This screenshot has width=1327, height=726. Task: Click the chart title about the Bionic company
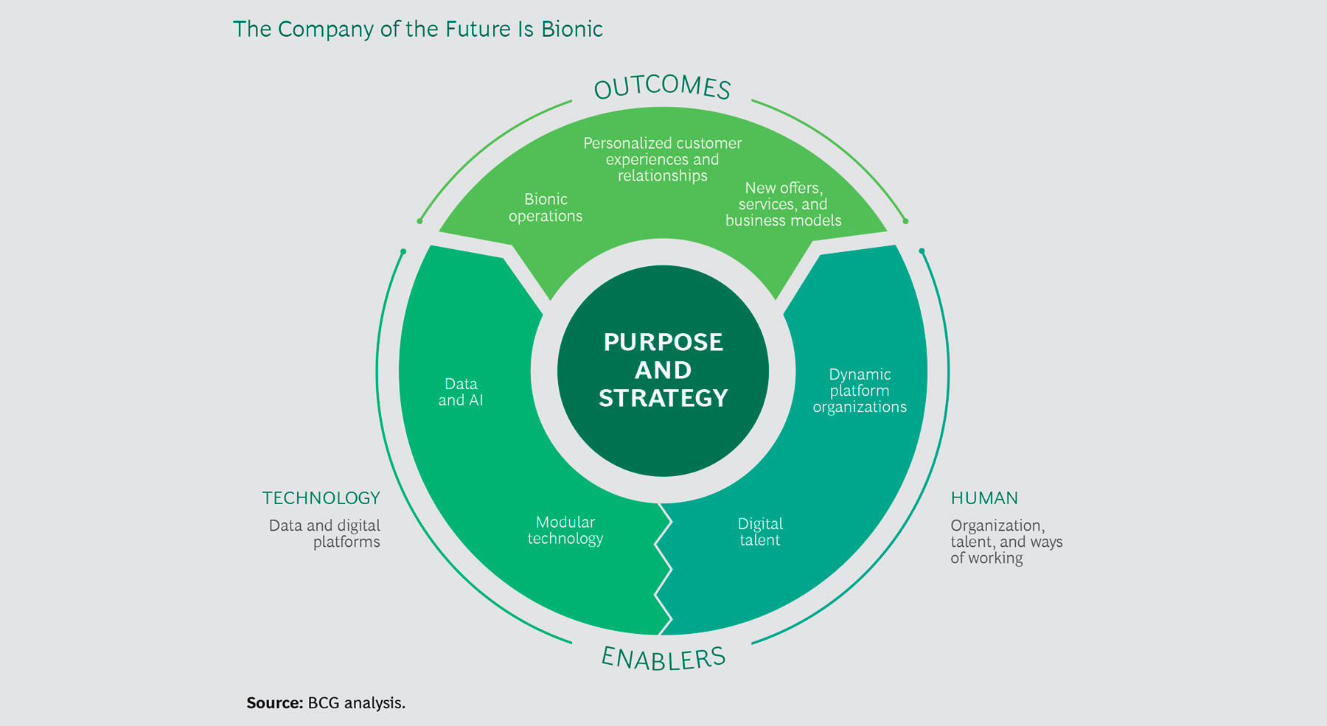point(417,29)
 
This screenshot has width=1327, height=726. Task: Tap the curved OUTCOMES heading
point(662,87)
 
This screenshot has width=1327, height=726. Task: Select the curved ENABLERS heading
point(663,658)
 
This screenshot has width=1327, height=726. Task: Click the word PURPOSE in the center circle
point(663,342)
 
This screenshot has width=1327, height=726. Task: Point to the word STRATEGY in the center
point(663,398)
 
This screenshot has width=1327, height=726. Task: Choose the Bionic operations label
point(546,208)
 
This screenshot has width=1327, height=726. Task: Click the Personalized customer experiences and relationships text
point(662,159)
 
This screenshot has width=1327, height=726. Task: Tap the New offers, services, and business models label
point(783,204)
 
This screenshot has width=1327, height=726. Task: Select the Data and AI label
point(461,392)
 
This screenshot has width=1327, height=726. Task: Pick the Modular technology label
point(565,530)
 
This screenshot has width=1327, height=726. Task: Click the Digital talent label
point(760,531)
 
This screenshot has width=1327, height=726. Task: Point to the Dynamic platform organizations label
point(860,391)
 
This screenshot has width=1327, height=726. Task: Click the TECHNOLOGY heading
point(321,498)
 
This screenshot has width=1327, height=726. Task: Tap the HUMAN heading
point(984,498)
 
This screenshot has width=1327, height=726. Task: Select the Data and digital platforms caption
point(326,534)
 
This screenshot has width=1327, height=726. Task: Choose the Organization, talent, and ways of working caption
point(1006,542)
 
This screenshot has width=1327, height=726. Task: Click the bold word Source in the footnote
point(274,703)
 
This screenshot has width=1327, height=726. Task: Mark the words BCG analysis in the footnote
point(356,703)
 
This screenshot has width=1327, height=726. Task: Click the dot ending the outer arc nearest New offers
point(905,221)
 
